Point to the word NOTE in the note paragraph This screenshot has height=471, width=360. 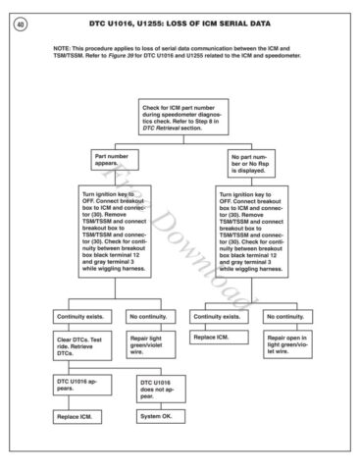[x=64, y=47]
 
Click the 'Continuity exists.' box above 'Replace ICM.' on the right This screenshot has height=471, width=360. [x=221, y=316]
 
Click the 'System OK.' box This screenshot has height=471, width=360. [x=160, y=418]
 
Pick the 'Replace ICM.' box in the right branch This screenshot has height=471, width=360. [x=220, y=338]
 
